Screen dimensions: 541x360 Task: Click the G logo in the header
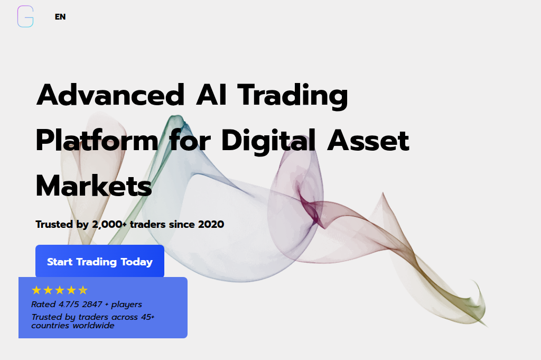(x=25, y=16)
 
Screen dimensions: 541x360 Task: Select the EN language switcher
(x=60, y=16)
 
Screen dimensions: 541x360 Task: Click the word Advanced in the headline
(x=110, y=95)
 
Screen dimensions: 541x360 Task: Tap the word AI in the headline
(x=211, y=95)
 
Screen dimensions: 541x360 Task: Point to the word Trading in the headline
(x=293, y=96)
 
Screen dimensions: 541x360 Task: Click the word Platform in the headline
(x=97, y=140)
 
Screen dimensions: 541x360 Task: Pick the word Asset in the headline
(x=368, y=141)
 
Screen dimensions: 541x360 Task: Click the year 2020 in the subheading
(x=211, y=224)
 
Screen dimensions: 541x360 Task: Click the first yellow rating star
(x=36, y=290)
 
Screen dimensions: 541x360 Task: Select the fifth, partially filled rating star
(x=83, y=290)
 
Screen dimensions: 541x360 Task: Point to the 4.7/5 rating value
(x=69, y=304)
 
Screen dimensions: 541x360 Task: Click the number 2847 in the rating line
(x=92, y=304)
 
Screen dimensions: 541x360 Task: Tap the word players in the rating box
(x=127, y=305)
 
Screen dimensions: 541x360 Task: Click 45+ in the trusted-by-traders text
(x=148, y=317)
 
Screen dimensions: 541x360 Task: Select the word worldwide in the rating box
(x=94, y=326)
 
